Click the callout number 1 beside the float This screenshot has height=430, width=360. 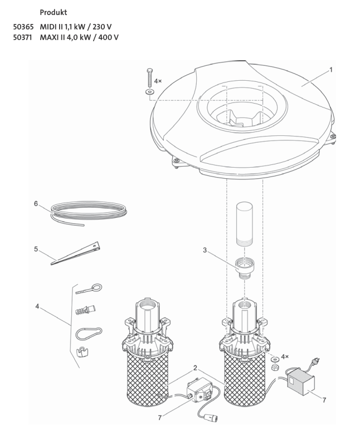pos(331,70)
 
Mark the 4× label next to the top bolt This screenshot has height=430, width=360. pos(158,81)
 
